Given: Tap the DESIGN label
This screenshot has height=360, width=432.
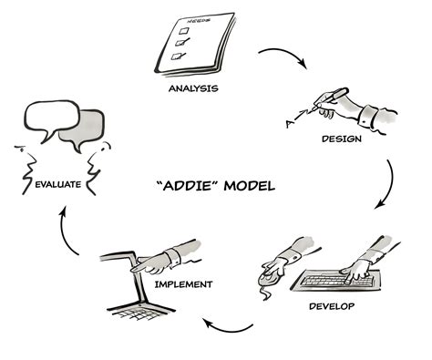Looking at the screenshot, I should [x=342, y=139].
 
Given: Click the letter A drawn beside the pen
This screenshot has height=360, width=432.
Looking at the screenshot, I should [x=287, y=120].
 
